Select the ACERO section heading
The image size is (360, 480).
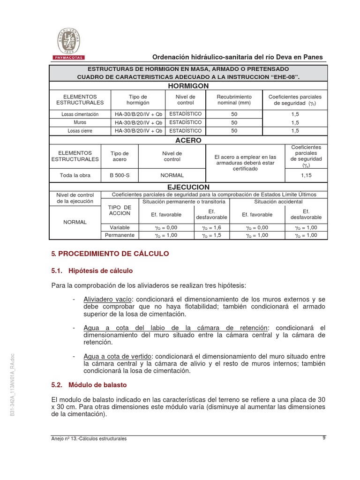[188, 140]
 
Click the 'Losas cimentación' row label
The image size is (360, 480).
[80, 114]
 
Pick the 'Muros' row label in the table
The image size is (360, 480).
[80, 122]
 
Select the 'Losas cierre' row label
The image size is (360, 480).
[80, 131]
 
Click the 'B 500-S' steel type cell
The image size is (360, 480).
[119, 175]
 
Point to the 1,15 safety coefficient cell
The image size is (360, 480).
[306, 175]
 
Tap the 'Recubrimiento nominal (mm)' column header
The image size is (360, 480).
[234, 99]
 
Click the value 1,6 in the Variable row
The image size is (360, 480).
[211, 227]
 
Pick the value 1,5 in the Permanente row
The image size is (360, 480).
[211, 235]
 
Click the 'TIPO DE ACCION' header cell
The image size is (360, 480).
[120, 210]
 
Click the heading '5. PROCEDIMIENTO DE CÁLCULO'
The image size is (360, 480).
[110, 254]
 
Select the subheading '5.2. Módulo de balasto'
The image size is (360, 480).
[89, 385]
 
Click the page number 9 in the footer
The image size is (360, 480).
[324, 438]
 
